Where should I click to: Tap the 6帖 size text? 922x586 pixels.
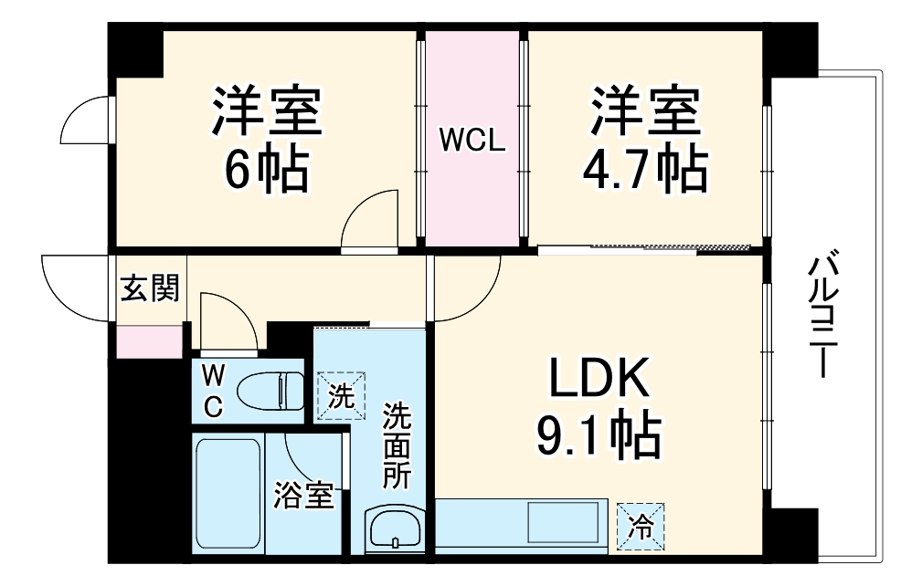click(266, 169)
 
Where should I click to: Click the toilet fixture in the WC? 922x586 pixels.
click(269, 391)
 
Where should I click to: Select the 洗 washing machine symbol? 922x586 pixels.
click(340, 396)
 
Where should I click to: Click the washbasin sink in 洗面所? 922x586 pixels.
click(394, 529)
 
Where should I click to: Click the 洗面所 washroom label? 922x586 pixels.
click(397, 447)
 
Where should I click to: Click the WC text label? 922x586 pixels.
click(212, 390)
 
